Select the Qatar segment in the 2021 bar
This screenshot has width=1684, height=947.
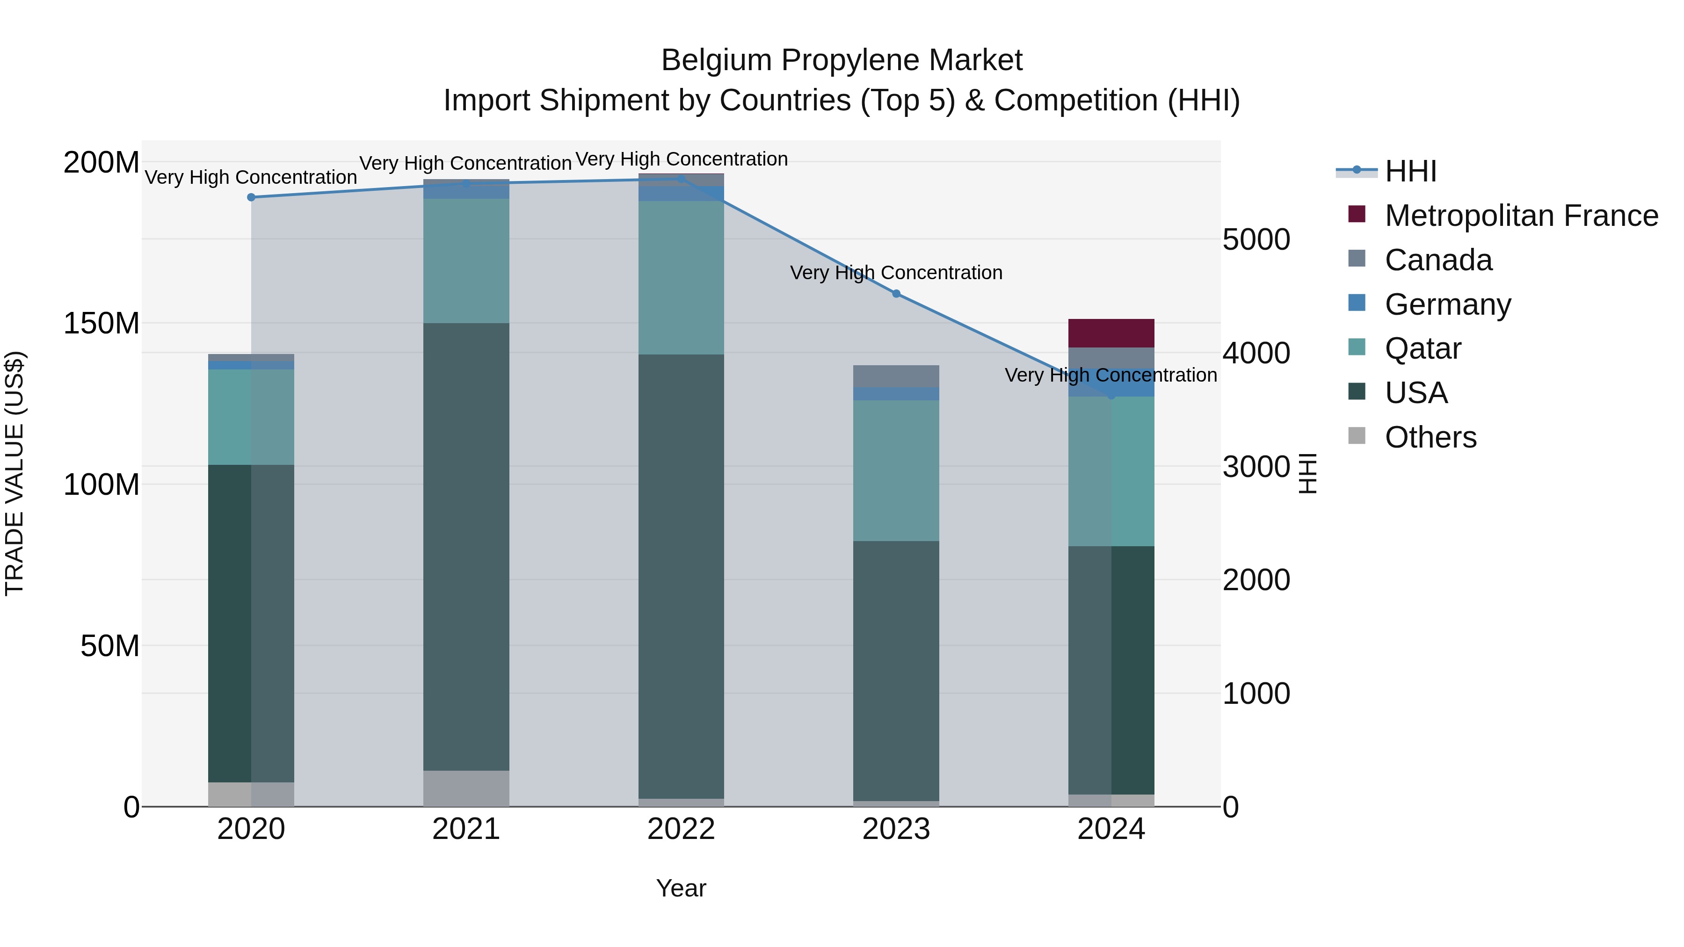point(466,261)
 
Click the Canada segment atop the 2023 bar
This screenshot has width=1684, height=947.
point(896,376)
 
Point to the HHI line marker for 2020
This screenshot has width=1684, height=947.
point(251,197)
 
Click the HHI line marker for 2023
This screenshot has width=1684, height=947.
point(896,294)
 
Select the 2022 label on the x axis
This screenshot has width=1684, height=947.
point(681,829)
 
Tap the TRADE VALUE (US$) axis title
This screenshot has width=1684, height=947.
point(15,473)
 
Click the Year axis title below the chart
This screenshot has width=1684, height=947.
point(681,888)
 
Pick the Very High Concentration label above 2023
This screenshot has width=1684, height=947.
point(896,273)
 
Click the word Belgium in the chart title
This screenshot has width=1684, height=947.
point(717,60)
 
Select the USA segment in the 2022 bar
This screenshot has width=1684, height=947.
point(681,575)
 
